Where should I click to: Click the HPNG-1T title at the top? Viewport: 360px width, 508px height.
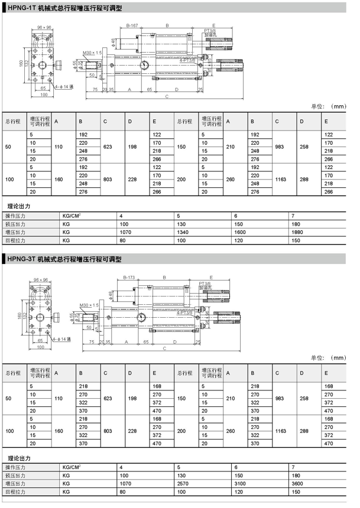[x=65, y=8]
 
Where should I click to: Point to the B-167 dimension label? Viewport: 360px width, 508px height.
[x=132, y=27]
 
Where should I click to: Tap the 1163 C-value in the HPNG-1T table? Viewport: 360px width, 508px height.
[x=281, y=178]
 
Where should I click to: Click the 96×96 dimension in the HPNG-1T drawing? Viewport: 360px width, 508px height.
[x=45, y=27]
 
